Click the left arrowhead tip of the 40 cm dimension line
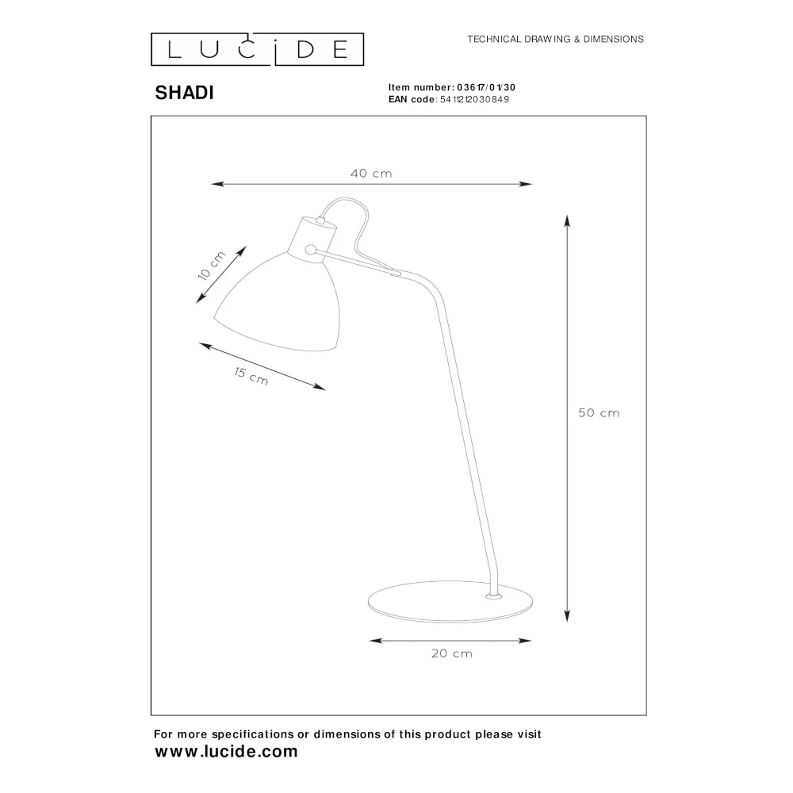tap(211, 184)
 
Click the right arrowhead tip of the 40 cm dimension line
tap(533, 184)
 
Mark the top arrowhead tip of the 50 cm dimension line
tap(567, 215)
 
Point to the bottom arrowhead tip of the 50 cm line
tap(567, 622)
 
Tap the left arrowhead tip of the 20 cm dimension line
tap(370, 641)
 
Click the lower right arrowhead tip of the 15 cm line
tap(326, 390)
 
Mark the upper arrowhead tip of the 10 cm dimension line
tap(247, 247)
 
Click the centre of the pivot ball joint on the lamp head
tap(311, 249)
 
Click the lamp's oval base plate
tap(450, 601)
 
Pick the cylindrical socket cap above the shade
tap(312, 239)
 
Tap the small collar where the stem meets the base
tap(494, 597)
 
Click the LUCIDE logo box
tap(258, 49)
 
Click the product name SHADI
tap(184, 93)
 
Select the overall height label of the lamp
tap(599, 412)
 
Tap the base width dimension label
tap(452, 653)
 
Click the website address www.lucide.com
tap(226, 752)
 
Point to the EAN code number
tap(474, 100)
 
